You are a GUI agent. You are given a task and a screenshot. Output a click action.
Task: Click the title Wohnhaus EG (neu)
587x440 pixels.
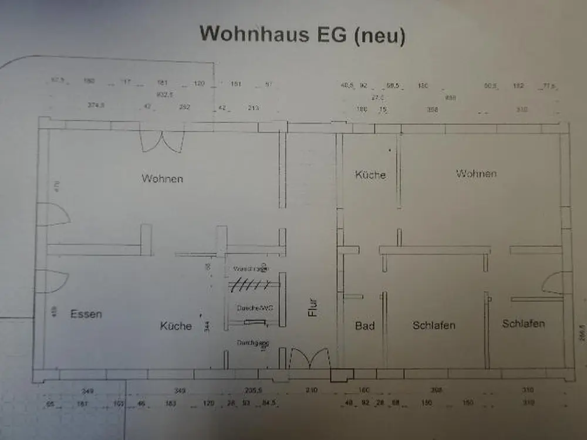coord(302,34)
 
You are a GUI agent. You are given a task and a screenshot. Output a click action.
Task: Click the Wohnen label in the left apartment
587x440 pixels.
coord(162,178)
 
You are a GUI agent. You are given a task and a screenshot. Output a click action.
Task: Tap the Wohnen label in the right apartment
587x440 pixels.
coord(476,173)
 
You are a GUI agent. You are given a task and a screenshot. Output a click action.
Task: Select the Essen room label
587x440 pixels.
coord(86,314)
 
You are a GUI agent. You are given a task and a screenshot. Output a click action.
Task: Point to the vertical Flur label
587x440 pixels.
coord(313,307)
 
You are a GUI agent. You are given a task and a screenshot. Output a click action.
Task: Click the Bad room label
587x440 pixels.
coord(365,325)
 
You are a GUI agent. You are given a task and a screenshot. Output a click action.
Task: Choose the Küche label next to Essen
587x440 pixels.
coord(176,326)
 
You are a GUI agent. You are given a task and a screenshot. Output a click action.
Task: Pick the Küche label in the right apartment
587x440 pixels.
coord(370,174)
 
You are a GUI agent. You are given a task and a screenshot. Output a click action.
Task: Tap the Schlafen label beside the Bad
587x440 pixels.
coord(434,325)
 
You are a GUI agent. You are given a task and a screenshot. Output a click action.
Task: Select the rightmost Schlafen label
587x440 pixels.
coord(523,323)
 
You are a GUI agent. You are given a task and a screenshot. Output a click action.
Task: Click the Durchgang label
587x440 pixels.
coord(253,342)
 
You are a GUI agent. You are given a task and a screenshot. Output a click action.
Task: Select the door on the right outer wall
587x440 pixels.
coord(554,284)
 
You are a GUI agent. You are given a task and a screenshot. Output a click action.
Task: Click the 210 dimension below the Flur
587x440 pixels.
coord(311,390)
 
